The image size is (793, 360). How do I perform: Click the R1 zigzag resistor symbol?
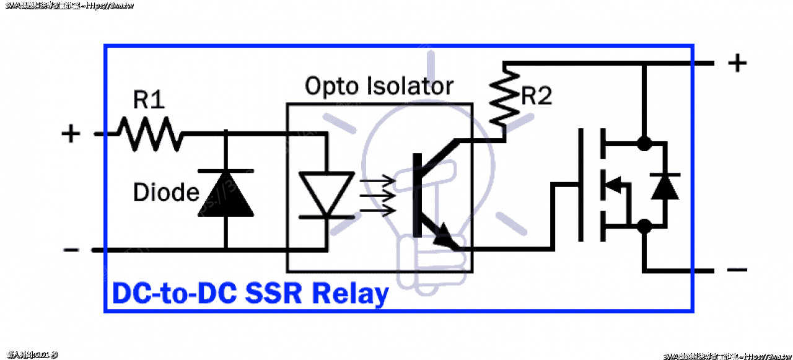(151, 134)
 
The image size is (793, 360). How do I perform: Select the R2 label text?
(537, 97)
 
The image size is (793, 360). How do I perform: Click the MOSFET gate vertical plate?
(581, 185)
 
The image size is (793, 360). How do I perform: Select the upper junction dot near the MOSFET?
(644, 143)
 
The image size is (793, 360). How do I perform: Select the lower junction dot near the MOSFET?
(644, 226)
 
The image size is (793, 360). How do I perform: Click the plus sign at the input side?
(71, 133)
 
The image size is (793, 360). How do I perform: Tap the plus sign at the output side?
(737, 63)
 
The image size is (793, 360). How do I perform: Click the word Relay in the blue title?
(351, 294)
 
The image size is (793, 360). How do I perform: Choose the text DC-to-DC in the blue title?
(174, 294)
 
